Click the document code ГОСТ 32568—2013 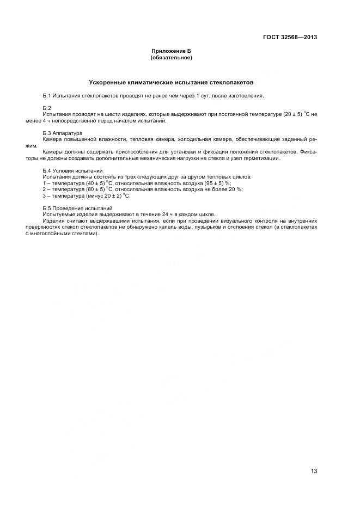[289, 37]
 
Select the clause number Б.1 [46, 96]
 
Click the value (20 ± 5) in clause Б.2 [295, 114]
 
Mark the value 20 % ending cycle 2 [236, 189]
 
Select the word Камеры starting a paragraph [52, 151]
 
